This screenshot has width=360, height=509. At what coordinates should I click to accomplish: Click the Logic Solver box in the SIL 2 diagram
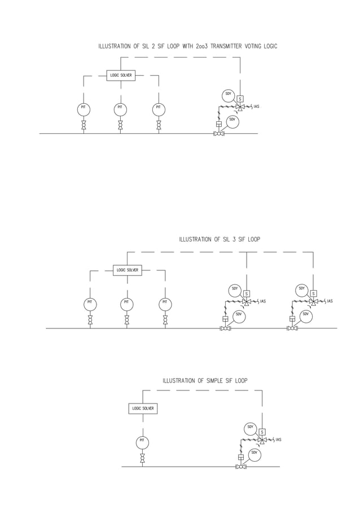(x=121, y=75)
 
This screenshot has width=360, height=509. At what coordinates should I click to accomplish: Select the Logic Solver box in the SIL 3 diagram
(x=127, y=270)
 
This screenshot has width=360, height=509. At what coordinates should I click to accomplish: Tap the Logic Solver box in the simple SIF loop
(x=143, y=408)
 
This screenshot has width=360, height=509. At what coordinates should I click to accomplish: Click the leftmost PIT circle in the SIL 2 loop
(x=84, y=109)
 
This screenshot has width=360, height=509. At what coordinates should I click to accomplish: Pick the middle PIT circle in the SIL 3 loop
(x=127, y=304)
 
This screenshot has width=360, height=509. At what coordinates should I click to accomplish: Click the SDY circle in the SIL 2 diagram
(x=229, y=95)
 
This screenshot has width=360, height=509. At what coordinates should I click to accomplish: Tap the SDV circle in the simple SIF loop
(x=254, y=454)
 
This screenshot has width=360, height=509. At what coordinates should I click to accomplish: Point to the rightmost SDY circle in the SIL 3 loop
(x=302, y=290)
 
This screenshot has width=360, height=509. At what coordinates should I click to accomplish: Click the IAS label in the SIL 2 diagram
(x=256, y=107)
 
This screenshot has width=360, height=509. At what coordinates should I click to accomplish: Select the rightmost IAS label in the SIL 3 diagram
(x=330, y=301)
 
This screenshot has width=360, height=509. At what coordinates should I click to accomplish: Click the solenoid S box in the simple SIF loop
(x=262, y=432)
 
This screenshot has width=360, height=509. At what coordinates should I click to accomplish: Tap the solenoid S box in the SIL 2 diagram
(x=240, y=99)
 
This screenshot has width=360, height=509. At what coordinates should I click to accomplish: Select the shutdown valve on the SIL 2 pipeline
(x=219, y=134)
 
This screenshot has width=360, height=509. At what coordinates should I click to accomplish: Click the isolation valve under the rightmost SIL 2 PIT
(x=159, y=125)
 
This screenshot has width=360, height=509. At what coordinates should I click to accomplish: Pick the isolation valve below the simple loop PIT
(x=142, y=458)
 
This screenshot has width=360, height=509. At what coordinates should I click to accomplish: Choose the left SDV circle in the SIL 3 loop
(x=239, y=316)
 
